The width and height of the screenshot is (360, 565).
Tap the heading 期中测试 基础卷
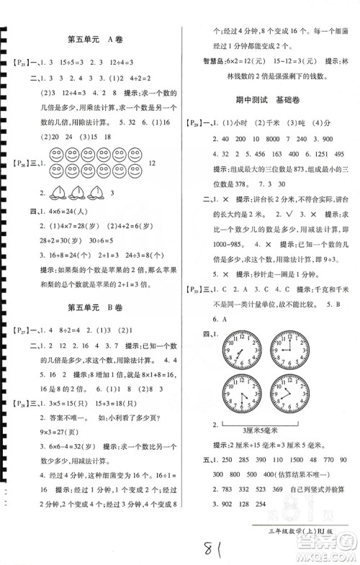coord(267,101)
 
